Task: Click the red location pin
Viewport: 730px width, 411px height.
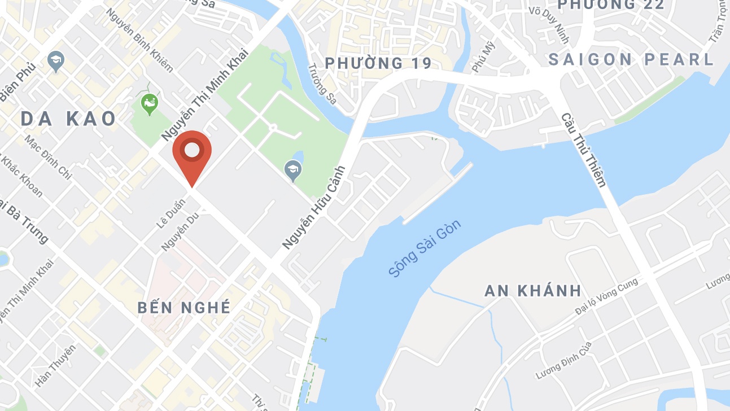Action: click(192, 151)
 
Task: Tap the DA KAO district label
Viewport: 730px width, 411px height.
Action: click(68, 119)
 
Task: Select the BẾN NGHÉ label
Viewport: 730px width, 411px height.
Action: click(185, 308)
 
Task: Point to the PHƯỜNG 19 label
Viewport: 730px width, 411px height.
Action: click(378, 63)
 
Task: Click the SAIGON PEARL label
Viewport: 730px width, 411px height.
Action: click(631, 59)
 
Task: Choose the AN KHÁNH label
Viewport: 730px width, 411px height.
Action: click(533, 291)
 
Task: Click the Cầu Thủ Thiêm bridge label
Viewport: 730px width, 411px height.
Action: click(583, 150)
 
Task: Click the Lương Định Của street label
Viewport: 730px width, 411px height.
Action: click(563, 361)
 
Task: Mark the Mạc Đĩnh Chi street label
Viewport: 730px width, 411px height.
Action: click(48, 158)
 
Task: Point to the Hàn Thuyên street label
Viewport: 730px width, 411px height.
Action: click(55, 366)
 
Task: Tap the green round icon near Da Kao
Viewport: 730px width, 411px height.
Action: click(149, 104)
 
